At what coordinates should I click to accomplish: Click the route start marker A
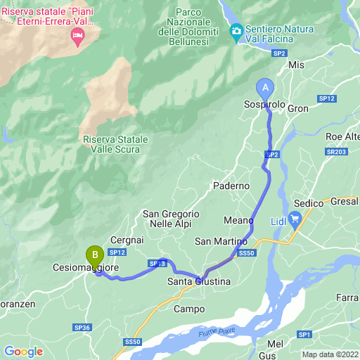265,87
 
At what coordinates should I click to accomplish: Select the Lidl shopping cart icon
295,218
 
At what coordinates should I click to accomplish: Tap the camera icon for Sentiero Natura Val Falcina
236,30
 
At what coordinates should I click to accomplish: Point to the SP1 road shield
304,334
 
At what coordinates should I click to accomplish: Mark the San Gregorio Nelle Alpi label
171,219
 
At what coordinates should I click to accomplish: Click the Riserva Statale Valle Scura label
115,144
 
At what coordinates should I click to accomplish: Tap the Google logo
23,351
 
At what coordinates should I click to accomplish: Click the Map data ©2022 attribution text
330,354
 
